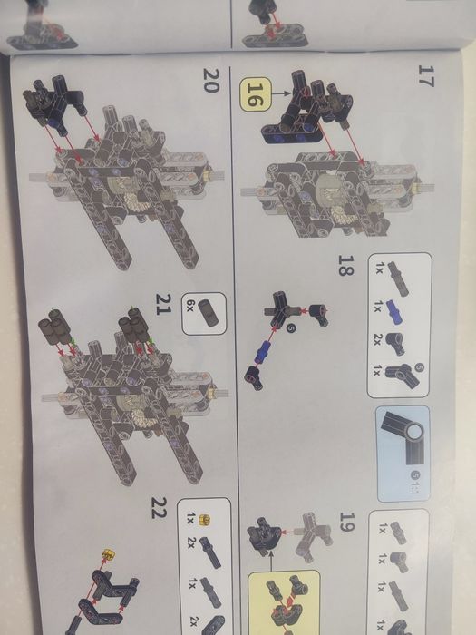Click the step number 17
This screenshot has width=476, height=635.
[425, 75]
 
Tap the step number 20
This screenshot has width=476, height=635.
[211, 81]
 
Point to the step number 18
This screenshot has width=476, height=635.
[346, 266]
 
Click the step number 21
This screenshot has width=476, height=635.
[164, 304]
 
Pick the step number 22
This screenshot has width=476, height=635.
[159, 508]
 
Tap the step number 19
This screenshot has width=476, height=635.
[347, 522]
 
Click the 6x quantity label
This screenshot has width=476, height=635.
[191, 306]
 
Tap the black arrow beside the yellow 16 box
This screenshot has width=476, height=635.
[281, 93]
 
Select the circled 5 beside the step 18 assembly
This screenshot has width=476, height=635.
[290, 328]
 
